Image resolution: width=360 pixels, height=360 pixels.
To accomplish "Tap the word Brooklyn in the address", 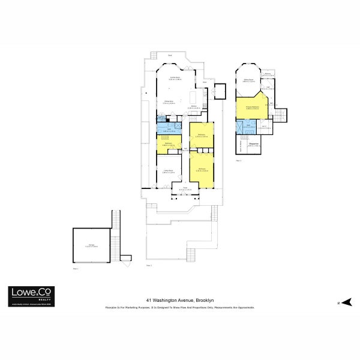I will point(204,300).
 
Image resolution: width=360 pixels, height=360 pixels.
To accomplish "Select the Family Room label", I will point(175,79).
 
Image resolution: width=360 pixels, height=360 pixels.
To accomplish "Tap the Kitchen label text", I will point(195,106).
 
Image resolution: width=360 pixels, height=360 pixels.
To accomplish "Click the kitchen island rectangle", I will point(193,98).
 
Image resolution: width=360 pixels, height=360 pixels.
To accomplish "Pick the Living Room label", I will point(169,171).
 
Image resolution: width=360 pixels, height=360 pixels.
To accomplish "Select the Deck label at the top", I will point(170,56).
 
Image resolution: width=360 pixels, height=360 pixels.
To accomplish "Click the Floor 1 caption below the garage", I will point(76,268).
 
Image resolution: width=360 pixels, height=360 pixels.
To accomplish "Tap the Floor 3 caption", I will point(238,160).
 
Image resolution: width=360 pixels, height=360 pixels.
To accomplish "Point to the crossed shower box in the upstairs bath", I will point(240,126).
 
